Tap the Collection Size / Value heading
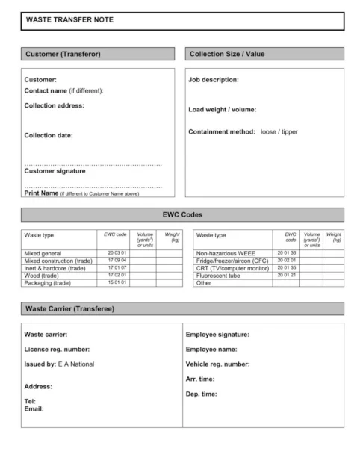click(227, 54)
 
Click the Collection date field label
click(49, 135)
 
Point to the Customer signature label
click(55, 171)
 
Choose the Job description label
click(214, 79)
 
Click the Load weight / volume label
click(223, 110)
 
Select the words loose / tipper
click(279, 131)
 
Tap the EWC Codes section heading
click(182, 214)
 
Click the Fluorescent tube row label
click(220, 275)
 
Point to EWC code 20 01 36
click(287, 252)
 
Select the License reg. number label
click(57, 349)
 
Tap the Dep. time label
click(202, 394)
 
